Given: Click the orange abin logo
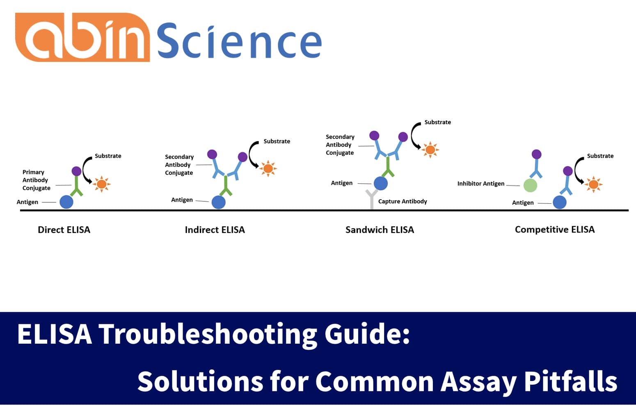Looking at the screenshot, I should pyautogui.click(x=82, y=38).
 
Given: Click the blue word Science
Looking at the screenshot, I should pyautogui.click(x=239, y=41).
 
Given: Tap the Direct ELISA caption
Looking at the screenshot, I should pyautogui.click(x=64, y=230).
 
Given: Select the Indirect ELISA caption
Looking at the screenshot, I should pyautogui.click(x=215, y=230).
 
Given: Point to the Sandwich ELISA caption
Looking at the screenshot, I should pyautogui.click(x=380, y=230).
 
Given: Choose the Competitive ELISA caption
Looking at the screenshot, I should pyautogui.click(x=554, y=229).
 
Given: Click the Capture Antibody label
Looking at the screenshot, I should pyautogui.click(x=402, y=201).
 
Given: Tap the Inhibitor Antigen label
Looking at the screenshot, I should pyautogui.click(x=480, y=183).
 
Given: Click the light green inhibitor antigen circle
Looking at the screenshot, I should pyautogui.click(x=530, y=185).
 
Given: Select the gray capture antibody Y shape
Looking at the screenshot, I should pyautogui.click(x=372, y=198).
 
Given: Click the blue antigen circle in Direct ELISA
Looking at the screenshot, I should pyautogui.click(x=66, y=202).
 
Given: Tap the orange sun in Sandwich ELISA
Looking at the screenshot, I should pyautogui.click(x=430, y=150).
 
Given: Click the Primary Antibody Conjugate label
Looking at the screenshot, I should pyautogui.click(x=36, y=180).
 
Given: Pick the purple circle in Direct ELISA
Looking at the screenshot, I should pyautogui.click(x=76, y=171).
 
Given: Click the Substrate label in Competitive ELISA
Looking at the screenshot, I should pyautogui.click(x=600, y=156).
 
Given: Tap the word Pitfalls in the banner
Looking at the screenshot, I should pyautogui.click(x=570, y=381).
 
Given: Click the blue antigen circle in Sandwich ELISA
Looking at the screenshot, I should pyautogui.click(x=381, y=183).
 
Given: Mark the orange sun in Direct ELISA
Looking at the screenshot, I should pyautogui.click(x=101, y=184).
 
